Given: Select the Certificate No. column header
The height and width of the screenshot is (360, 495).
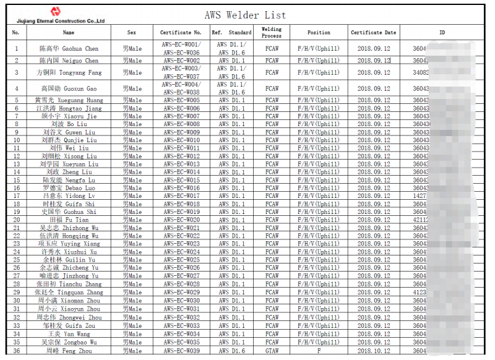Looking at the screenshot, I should point(181,33).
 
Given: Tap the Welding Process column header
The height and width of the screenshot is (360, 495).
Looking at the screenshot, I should point(272,32).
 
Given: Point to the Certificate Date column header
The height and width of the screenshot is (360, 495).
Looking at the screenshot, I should point(373,33).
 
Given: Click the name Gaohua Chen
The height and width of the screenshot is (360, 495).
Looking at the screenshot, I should point(69,49).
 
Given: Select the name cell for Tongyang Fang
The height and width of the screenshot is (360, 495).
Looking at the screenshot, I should point(69,73).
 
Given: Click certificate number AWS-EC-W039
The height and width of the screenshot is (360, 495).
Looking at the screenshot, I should point(181,351).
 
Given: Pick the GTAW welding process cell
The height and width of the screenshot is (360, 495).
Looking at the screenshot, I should point(272,351).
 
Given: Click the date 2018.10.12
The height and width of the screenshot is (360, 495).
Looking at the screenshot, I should point(374,351).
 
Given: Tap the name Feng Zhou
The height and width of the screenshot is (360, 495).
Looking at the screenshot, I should point(69,351).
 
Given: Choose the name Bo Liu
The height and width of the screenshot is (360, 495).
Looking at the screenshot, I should point(69,124).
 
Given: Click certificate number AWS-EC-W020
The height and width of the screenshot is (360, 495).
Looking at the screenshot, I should point(181,220).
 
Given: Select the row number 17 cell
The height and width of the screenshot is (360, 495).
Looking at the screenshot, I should point(17,196).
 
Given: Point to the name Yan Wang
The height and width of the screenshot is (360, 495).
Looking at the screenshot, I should point(69,334).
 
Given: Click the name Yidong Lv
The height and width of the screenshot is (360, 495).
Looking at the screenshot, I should point(69,196).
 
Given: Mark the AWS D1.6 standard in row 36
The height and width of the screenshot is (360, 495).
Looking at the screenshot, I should point(231,351).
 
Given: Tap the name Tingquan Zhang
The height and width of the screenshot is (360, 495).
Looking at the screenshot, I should point(69,293).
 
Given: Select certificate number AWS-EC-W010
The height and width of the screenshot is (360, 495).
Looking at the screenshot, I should point(181,140).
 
